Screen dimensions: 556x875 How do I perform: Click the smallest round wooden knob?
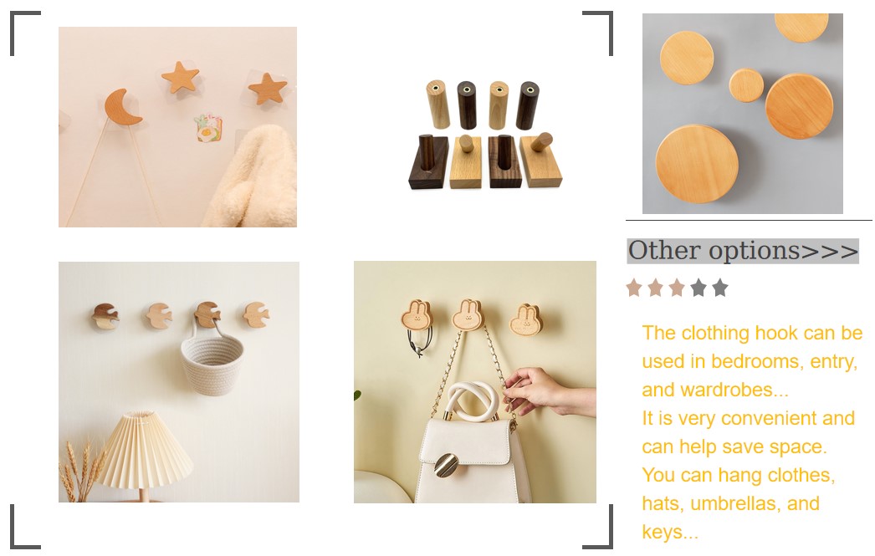coord(745,85)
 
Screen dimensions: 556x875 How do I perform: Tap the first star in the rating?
coord(634,288)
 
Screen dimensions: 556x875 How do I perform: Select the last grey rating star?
coord(720,288)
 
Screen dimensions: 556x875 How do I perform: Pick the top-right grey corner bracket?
coord(600,31)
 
